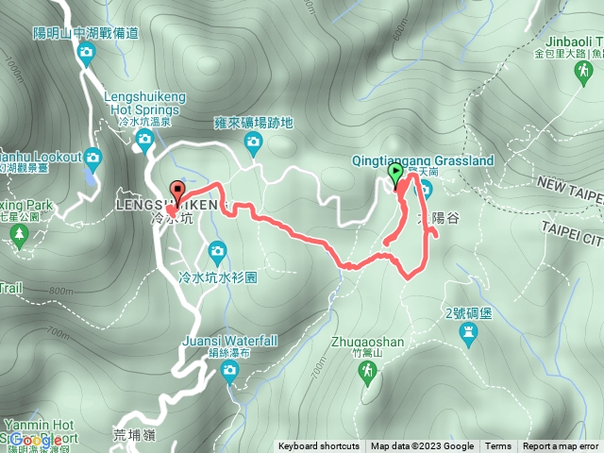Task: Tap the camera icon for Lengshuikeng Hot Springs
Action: tap(144, 141)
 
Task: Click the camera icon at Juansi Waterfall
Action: tap(229, 372)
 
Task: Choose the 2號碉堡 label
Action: tap(469, 313)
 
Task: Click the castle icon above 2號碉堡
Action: tap(470, 333)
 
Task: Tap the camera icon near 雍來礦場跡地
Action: tap(253, 143)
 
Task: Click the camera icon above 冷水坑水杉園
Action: tap(218, 250)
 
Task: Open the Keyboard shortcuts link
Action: tap(318, 446)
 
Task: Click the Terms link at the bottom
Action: tap(498, 446)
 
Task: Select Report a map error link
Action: tap(561, 446)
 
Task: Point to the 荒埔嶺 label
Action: tap(133, 435)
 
